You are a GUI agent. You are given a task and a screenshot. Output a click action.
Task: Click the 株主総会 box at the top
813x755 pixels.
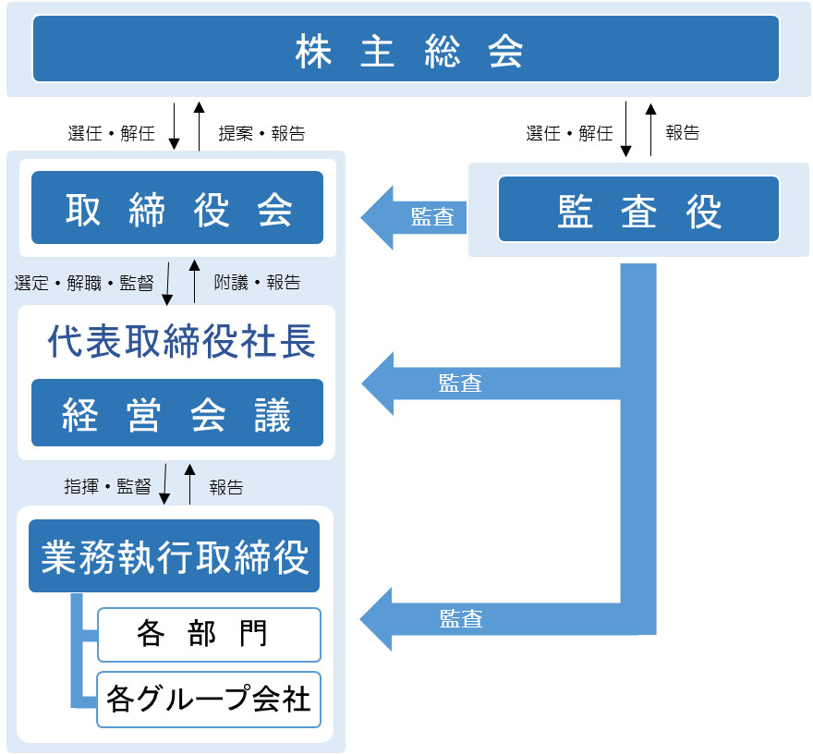coord(406,49)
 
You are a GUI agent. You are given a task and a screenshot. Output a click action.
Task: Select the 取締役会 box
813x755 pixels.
coord(177,208)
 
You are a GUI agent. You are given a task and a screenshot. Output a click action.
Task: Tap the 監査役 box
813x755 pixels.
coord(639,209)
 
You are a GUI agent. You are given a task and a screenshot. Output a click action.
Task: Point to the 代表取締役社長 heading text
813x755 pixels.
coord(181,343)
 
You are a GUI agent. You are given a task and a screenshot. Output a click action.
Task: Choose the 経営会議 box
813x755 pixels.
coord(177,413)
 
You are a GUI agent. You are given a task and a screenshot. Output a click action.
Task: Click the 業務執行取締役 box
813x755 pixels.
coord(174,556)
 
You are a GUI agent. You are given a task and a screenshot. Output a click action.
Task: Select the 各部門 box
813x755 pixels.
coord(209,634)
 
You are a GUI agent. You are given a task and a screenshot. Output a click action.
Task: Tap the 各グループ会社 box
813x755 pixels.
coord(209,699)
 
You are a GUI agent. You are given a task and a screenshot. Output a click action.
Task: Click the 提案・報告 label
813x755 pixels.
coord(261,133)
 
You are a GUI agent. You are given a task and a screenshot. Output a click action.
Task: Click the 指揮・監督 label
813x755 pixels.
coord(107,487)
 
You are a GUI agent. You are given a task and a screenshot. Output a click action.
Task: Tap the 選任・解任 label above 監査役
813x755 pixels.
coord(569,133)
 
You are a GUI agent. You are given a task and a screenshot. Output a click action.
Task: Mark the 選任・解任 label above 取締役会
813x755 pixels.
coord(111,133)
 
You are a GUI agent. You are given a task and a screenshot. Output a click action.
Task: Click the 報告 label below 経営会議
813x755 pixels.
coord(226,487)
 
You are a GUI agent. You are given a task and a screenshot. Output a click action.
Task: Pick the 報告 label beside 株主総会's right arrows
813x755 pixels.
coord(683,133)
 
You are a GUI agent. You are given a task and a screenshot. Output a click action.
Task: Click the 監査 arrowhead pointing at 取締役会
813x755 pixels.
coord(379,217)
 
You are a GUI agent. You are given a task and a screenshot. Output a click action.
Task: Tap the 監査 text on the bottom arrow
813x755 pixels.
coord(460,618)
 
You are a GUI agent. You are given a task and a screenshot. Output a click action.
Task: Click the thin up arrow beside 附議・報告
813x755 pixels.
coord(194,281)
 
